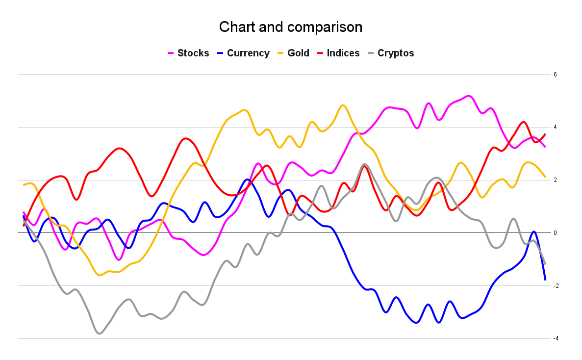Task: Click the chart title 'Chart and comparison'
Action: tap(291, 27)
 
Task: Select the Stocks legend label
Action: tap(193, 53)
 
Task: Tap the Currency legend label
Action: tap(248, 53)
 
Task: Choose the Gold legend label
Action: tap(298, 53)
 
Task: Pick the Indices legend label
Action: tap(343, 53)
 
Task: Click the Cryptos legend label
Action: tap(396, 53)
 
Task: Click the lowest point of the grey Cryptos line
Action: tap(100, 334)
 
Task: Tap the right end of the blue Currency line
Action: tap(545, 280)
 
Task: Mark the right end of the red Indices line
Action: tap(545, 134)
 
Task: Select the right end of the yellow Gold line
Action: tap(545, 177)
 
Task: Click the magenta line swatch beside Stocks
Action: tap(171, 53)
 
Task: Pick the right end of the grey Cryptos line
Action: tap(545, 264)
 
